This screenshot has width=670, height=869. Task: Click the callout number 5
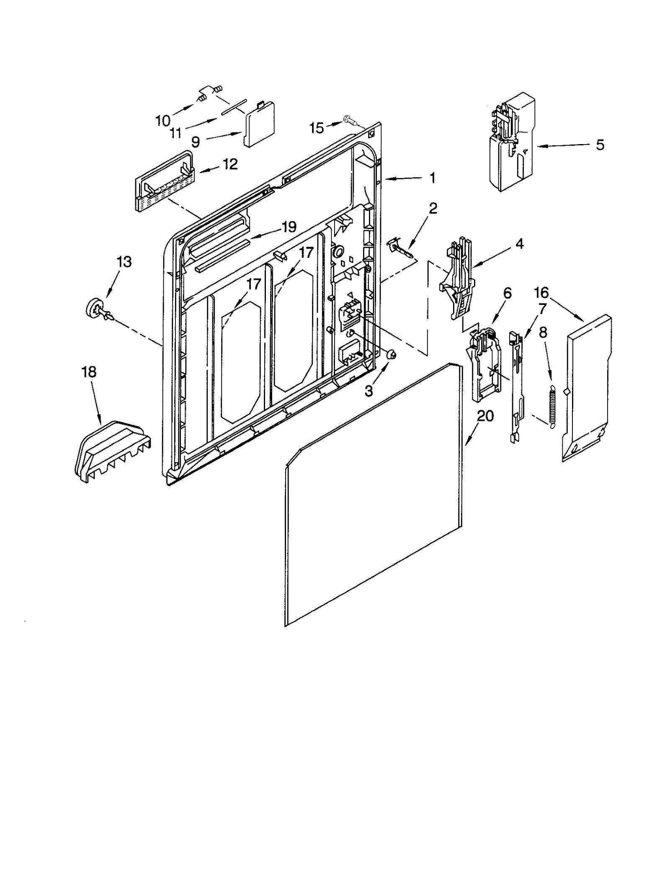600,145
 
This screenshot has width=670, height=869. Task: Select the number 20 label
485,416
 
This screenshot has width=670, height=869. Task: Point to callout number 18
89,371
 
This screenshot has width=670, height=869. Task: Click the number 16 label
541,292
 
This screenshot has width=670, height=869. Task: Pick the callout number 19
289,227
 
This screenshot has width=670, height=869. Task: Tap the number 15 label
317,128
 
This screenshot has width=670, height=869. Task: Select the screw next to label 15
349,120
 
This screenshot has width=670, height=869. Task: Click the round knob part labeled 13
93,310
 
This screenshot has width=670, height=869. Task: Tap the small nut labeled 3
392,355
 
